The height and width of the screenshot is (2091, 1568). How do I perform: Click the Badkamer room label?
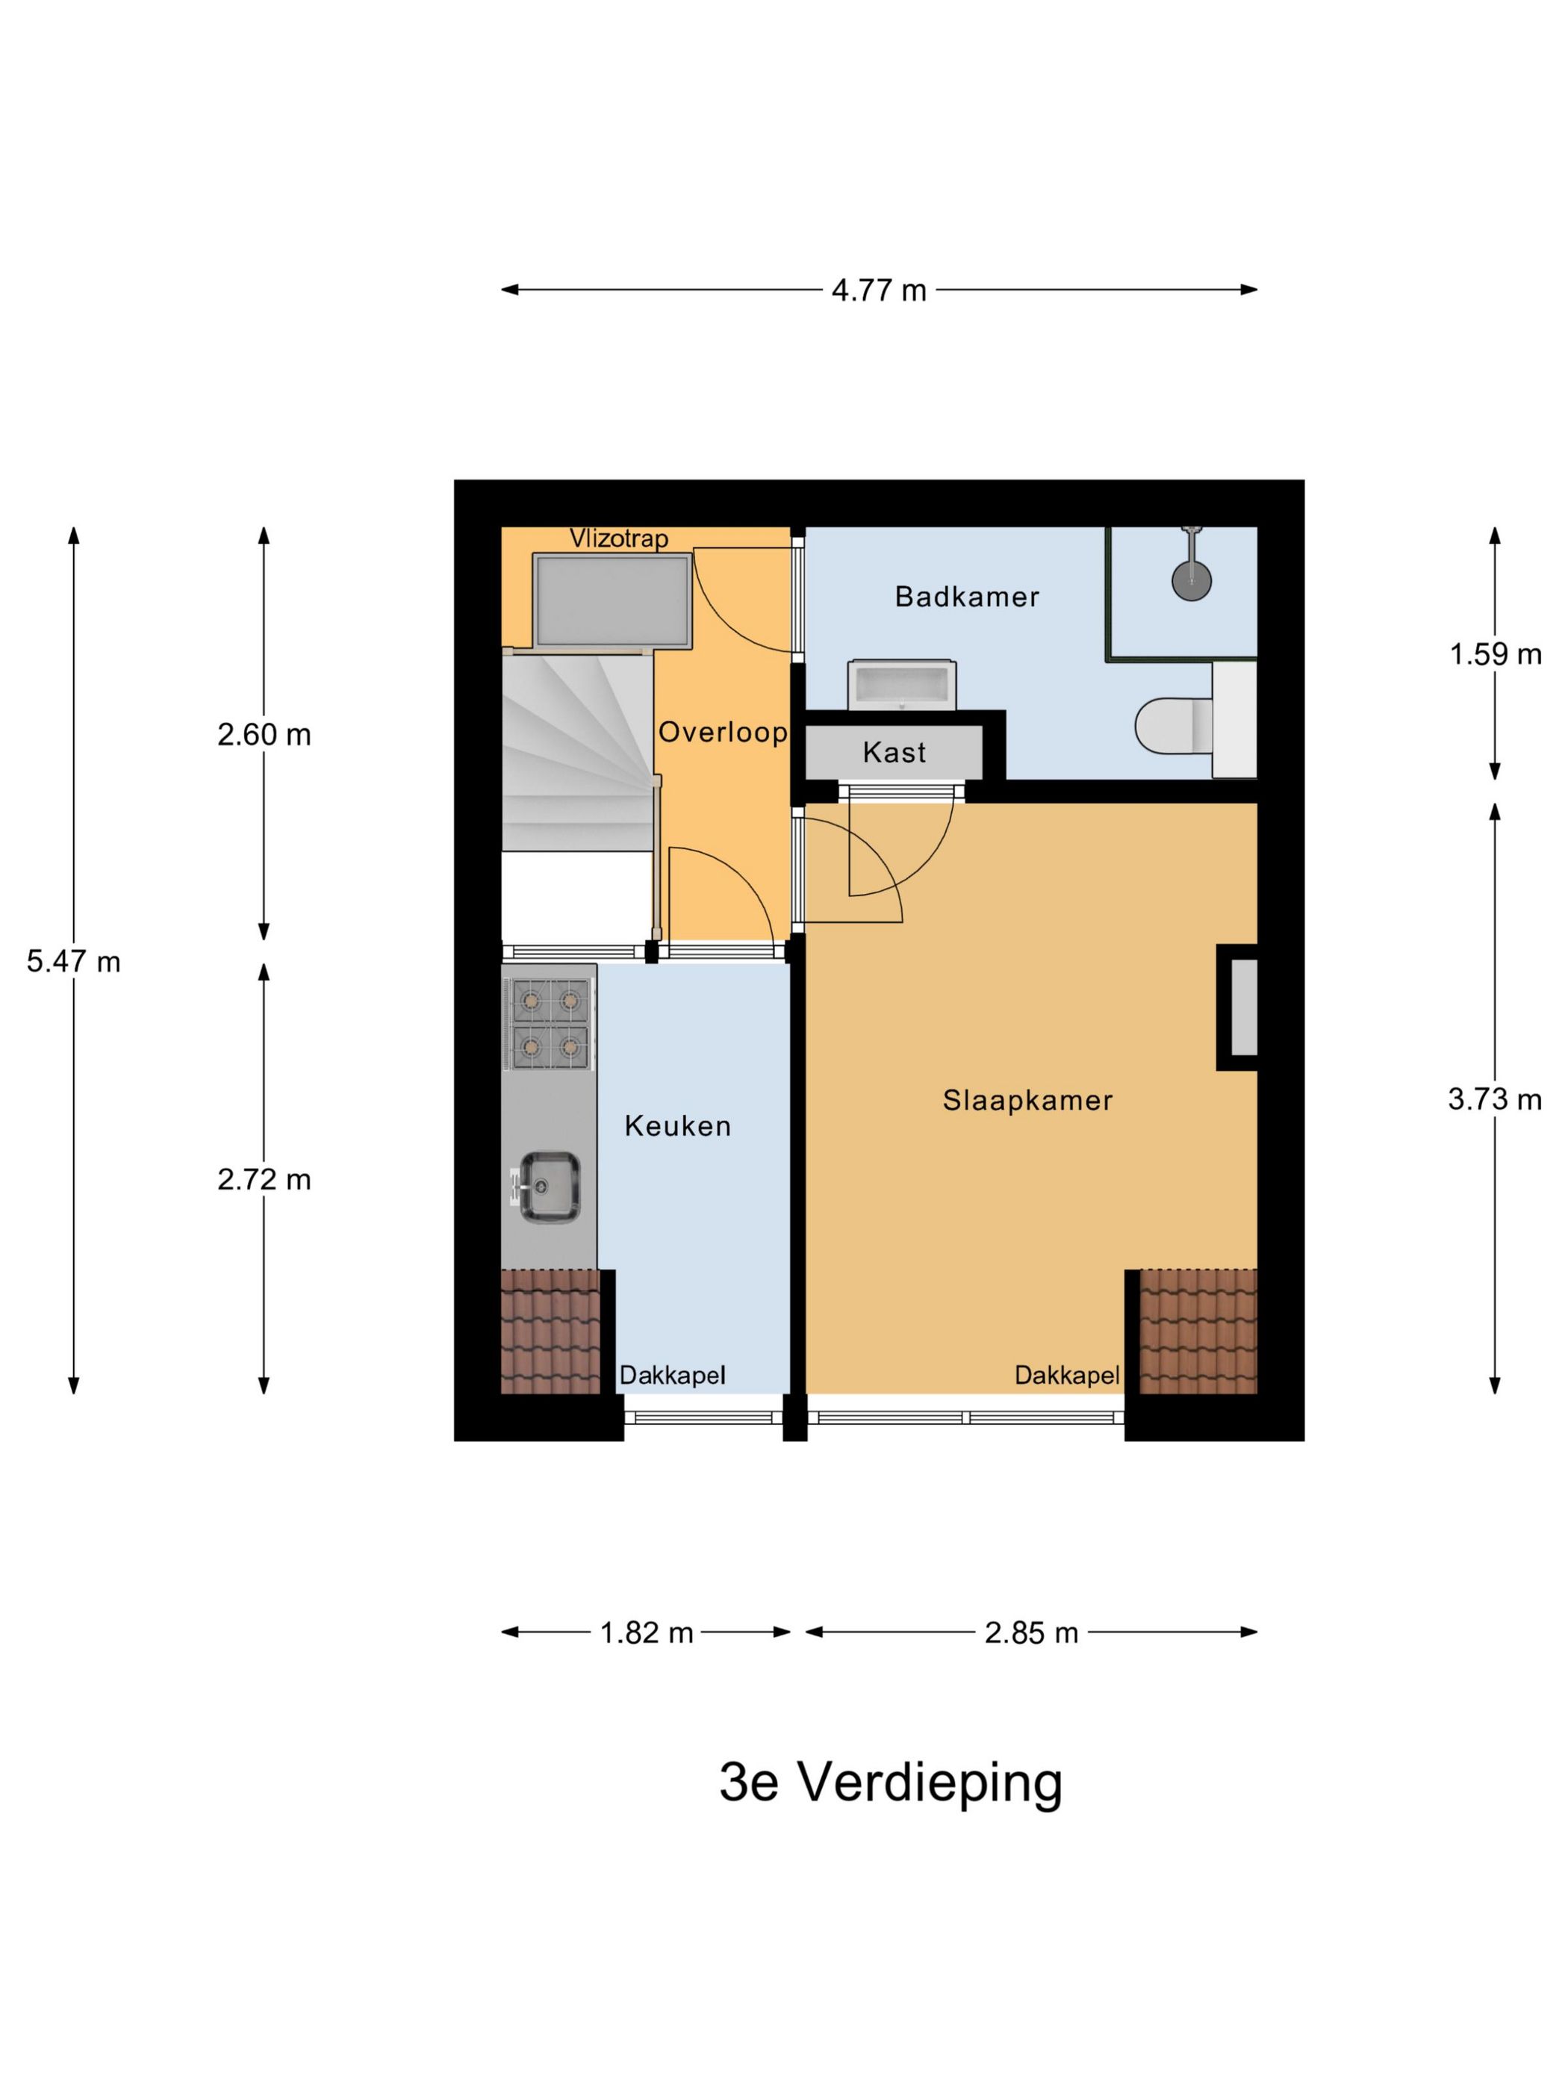click(x=966, y=597)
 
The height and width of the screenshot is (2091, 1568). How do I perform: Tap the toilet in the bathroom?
click(x=1170, y=726)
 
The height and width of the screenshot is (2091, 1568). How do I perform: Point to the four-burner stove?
click(x=549, y=1024)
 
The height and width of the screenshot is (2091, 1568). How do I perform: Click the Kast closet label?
click(x=893, y=753)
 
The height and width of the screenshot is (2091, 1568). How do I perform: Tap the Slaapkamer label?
click(x=1027, y=1100)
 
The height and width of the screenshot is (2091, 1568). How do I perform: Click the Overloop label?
click(x=722, y=732)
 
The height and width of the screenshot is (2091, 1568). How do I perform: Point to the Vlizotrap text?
click(x=618, y=539)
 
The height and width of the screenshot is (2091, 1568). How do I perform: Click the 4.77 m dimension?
click(x=878, y=290)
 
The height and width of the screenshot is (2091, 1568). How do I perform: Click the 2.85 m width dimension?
click(x=1030, y=1632)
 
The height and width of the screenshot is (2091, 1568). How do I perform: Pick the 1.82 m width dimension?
click(x=647, y=1632)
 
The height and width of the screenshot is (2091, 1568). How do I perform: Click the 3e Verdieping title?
click(x=890, y=1782)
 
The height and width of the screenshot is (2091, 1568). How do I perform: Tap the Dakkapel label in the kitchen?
click(x=672, y=1376)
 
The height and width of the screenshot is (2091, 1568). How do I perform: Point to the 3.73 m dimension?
click(x=1494, y=1099)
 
